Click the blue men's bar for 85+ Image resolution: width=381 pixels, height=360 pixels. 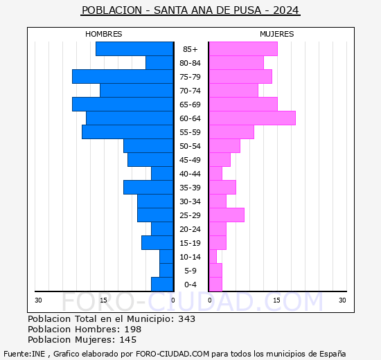pyautogui.click(x=134, y=49)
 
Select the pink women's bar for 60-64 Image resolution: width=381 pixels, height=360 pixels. pyautogui.click(x=252, y=118)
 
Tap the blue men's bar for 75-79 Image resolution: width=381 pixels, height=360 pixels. pyautogui.click(x=123, y=77)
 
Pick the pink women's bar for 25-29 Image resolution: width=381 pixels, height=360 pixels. pyautogui.click(x=227, y=215)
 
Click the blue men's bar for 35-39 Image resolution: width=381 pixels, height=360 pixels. pyautogui.click(x=148, y=188)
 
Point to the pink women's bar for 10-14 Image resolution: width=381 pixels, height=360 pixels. pyautogui.click(x=213, y=257)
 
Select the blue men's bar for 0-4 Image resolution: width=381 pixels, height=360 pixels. pyautogui.click(x=162, y=285)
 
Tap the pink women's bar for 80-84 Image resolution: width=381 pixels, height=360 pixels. pyautogui.click(x=236, y=63)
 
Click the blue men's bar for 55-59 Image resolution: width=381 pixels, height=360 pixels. pyautogui.click(x=127, y=132)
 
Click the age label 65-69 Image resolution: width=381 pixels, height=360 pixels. pyautogui.click(x=190, y=105)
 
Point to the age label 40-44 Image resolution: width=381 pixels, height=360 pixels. pyautogui.click(x=190, y=174)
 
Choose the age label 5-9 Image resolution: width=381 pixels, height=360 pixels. pyautogui.click(x=190, y=271)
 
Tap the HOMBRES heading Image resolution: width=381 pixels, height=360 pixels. pyautogui.click(x=103, y=34)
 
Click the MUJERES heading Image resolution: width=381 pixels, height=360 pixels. pyautogui.click(x=277, y=34)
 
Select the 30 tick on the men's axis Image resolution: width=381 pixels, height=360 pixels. pyautogui.click(x=38, y=300)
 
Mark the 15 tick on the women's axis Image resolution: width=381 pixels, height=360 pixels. pyautogui.click(x=276, y=300)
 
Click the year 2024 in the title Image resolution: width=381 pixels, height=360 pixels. pyautogui.click(x=285, y=10)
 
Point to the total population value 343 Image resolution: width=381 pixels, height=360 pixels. pyautogui.click(x=186, y=318)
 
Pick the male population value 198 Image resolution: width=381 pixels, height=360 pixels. pyautogui.click(x=133, y=329)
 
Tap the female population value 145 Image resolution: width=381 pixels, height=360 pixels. pyautogui.click(x=128, y=340)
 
